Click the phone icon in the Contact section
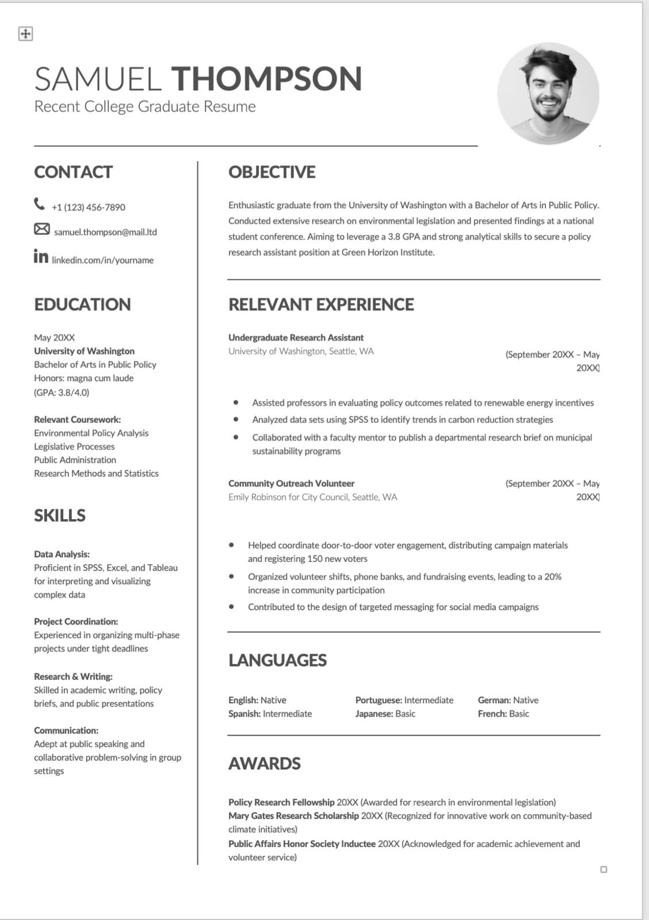[x=39, y=204]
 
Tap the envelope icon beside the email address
[x=41, y=229]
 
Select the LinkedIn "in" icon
[x=41, y=256]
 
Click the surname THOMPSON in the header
[x=266, y=79]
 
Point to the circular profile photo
[x=548, y=93]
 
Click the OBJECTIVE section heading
[x=272, y=172]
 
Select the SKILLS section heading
[x=60, y=515]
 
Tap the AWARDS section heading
[x=264, y=764]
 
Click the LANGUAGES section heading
[x=277, y=660]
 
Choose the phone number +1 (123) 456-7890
[x=89, y=207]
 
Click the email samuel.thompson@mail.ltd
[x=105, y=232]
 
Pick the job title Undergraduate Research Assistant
[x=296, y=338]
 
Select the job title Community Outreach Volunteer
[x=291, y=484]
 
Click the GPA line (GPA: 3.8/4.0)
[x=62, y=392]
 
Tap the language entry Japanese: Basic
[x=385, y=714]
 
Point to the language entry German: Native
[x=508, y=700]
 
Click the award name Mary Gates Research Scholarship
[x=293, y=816]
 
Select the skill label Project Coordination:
[x=76, y=622]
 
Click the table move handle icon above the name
[x=25, y=34]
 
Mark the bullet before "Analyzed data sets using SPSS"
[x=236, y=420]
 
